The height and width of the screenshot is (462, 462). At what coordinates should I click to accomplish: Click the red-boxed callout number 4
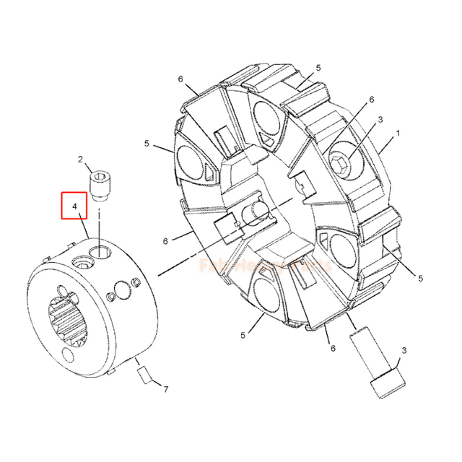[74, 205]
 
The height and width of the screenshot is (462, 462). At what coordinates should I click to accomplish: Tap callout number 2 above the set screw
[80, 160]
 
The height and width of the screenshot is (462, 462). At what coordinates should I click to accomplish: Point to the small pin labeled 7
[144, 375]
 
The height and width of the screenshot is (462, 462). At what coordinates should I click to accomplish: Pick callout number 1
[396, 135]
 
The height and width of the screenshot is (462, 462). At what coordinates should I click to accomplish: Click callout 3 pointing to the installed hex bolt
[380, 119]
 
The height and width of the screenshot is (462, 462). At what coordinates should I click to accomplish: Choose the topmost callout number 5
[318, 68]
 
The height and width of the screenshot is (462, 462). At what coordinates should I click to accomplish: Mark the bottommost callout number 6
[333, 348]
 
